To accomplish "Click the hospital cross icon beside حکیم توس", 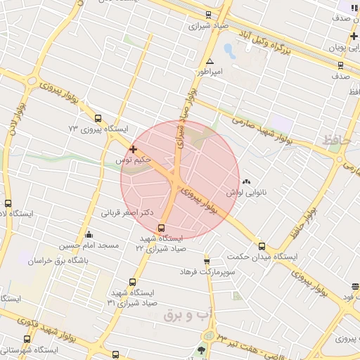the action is [x=133, y=149].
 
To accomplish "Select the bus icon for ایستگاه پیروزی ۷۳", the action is [x=98, y=118].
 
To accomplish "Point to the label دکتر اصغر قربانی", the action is [x=127, y=212].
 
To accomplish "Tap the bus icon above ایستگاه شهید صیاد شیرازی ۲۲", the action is [x=162, y=228].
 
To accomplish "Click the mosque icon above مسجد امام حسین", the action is [x=89, y=235].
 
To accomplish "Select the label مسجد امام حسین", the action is [x=89, y=246].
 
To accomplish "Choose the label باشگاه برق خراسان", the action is [x=57, y=261].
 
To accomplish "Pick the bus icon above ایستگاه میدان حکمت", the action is [x=262, y=246].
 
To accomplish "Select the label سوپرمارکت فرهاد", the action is [x=207, y=271].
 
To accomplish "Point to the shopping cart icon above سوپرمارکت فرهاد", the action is [x=207, y=260].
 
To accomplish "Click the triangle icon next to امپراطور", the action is [x=210, y=61].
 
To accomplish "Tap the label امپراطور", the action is [x=208, y=72].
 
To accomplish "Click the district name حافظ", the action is [x=335, y=141].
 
